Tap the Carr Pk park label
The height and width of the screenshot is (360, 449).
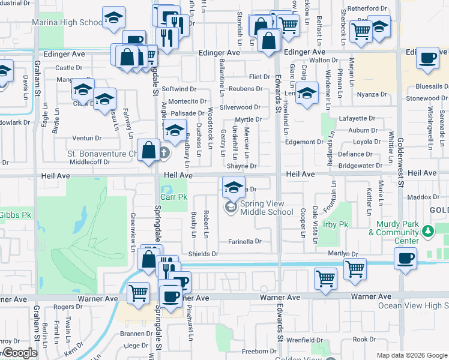pos(174,196)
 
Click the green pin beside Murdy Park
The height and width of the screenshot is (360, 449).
pos(427,230)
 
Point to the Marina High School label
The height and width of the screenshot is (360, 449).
pos(67,23)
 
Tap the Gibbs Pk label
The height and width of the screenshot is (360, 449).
pos(14,214)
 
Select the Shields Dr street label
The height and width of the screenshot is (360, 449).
pos(203,254)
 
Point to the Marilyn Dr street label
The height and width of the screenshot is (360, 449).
pos(343,253)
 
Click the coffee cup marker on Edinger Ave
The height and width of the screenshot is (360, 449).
pos(427,58)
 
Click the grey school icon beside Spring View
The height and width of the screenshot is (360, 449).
pos(230,208)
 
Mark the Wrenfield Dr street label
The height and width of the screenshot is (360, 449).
pos(304,340)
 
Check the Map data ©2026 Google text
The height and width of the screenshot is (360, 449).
pos(411,355)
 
